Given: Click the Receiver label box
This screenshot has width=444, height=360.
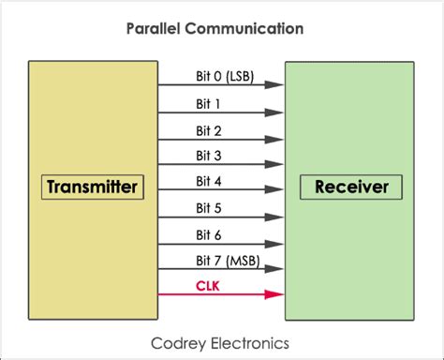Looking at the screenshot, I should tap(350, 187).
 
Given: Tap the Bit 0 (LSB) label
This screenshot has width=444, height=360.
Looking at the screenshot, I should tap(221, 75).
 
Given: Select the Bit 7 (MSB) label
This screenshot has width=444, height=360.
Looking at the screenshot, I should tap(221, 260).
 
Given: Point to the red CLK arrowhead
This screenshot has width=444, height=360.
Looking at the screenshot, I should tap(275, 294).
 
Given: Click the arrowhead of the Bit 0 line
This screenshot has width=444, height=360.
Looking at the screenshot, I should tap(275, 84).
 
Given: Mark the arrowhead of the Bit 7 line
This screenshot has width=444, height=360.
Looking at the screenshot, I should tap(275, 269).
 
